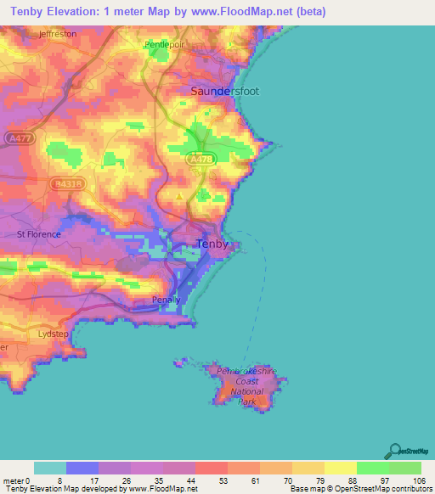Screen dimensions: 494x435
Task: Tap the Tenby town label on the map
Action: coord(212,244)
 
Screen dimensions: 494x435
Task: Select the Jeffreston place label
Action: coord(57,34)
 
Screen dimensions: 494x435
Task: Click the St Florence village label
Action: coord(39,233)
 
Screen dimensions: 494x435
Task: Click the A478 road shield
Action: coord(201,159)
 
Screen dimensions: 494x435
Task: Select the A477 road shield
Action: coord(14,137)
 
